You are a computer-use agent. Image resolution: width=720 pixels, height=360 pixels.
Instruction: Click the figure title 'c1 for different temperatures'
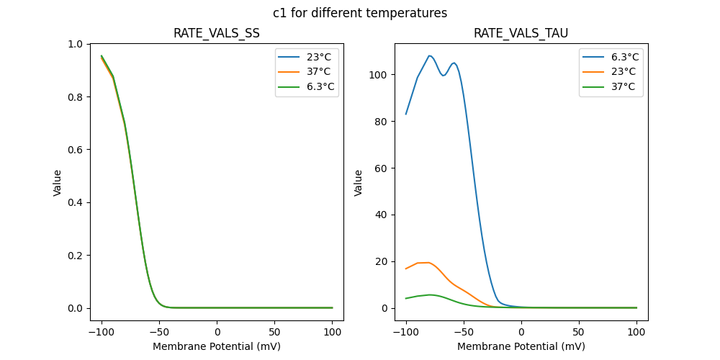(360, 13)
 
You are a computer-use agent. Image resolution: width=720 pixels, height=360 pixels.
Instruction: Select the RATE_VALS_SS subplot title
(217, 34)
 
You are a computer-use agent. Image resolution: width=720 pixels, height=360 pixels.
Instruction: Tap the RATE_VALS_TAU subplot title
(521, 34)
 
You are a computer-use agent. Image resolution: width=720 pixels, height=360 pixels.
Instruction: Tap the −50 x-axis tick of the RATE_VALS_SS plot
(159, 331)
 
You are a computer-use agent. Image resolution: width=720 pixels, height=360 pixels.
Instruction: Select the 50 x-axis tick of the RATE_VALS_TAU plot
(579, 331)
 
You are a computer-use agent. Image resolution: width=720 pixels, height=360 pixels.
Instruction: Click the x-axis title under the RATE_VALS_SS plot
(217, 346)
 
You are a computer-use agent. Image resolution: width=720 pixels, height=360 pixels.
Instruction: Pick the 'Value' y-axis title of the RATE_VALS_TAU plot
(358, 183)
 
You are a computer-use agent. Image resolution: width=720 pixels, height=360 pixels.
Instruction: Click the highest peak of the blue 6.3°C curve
(430, 55)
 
